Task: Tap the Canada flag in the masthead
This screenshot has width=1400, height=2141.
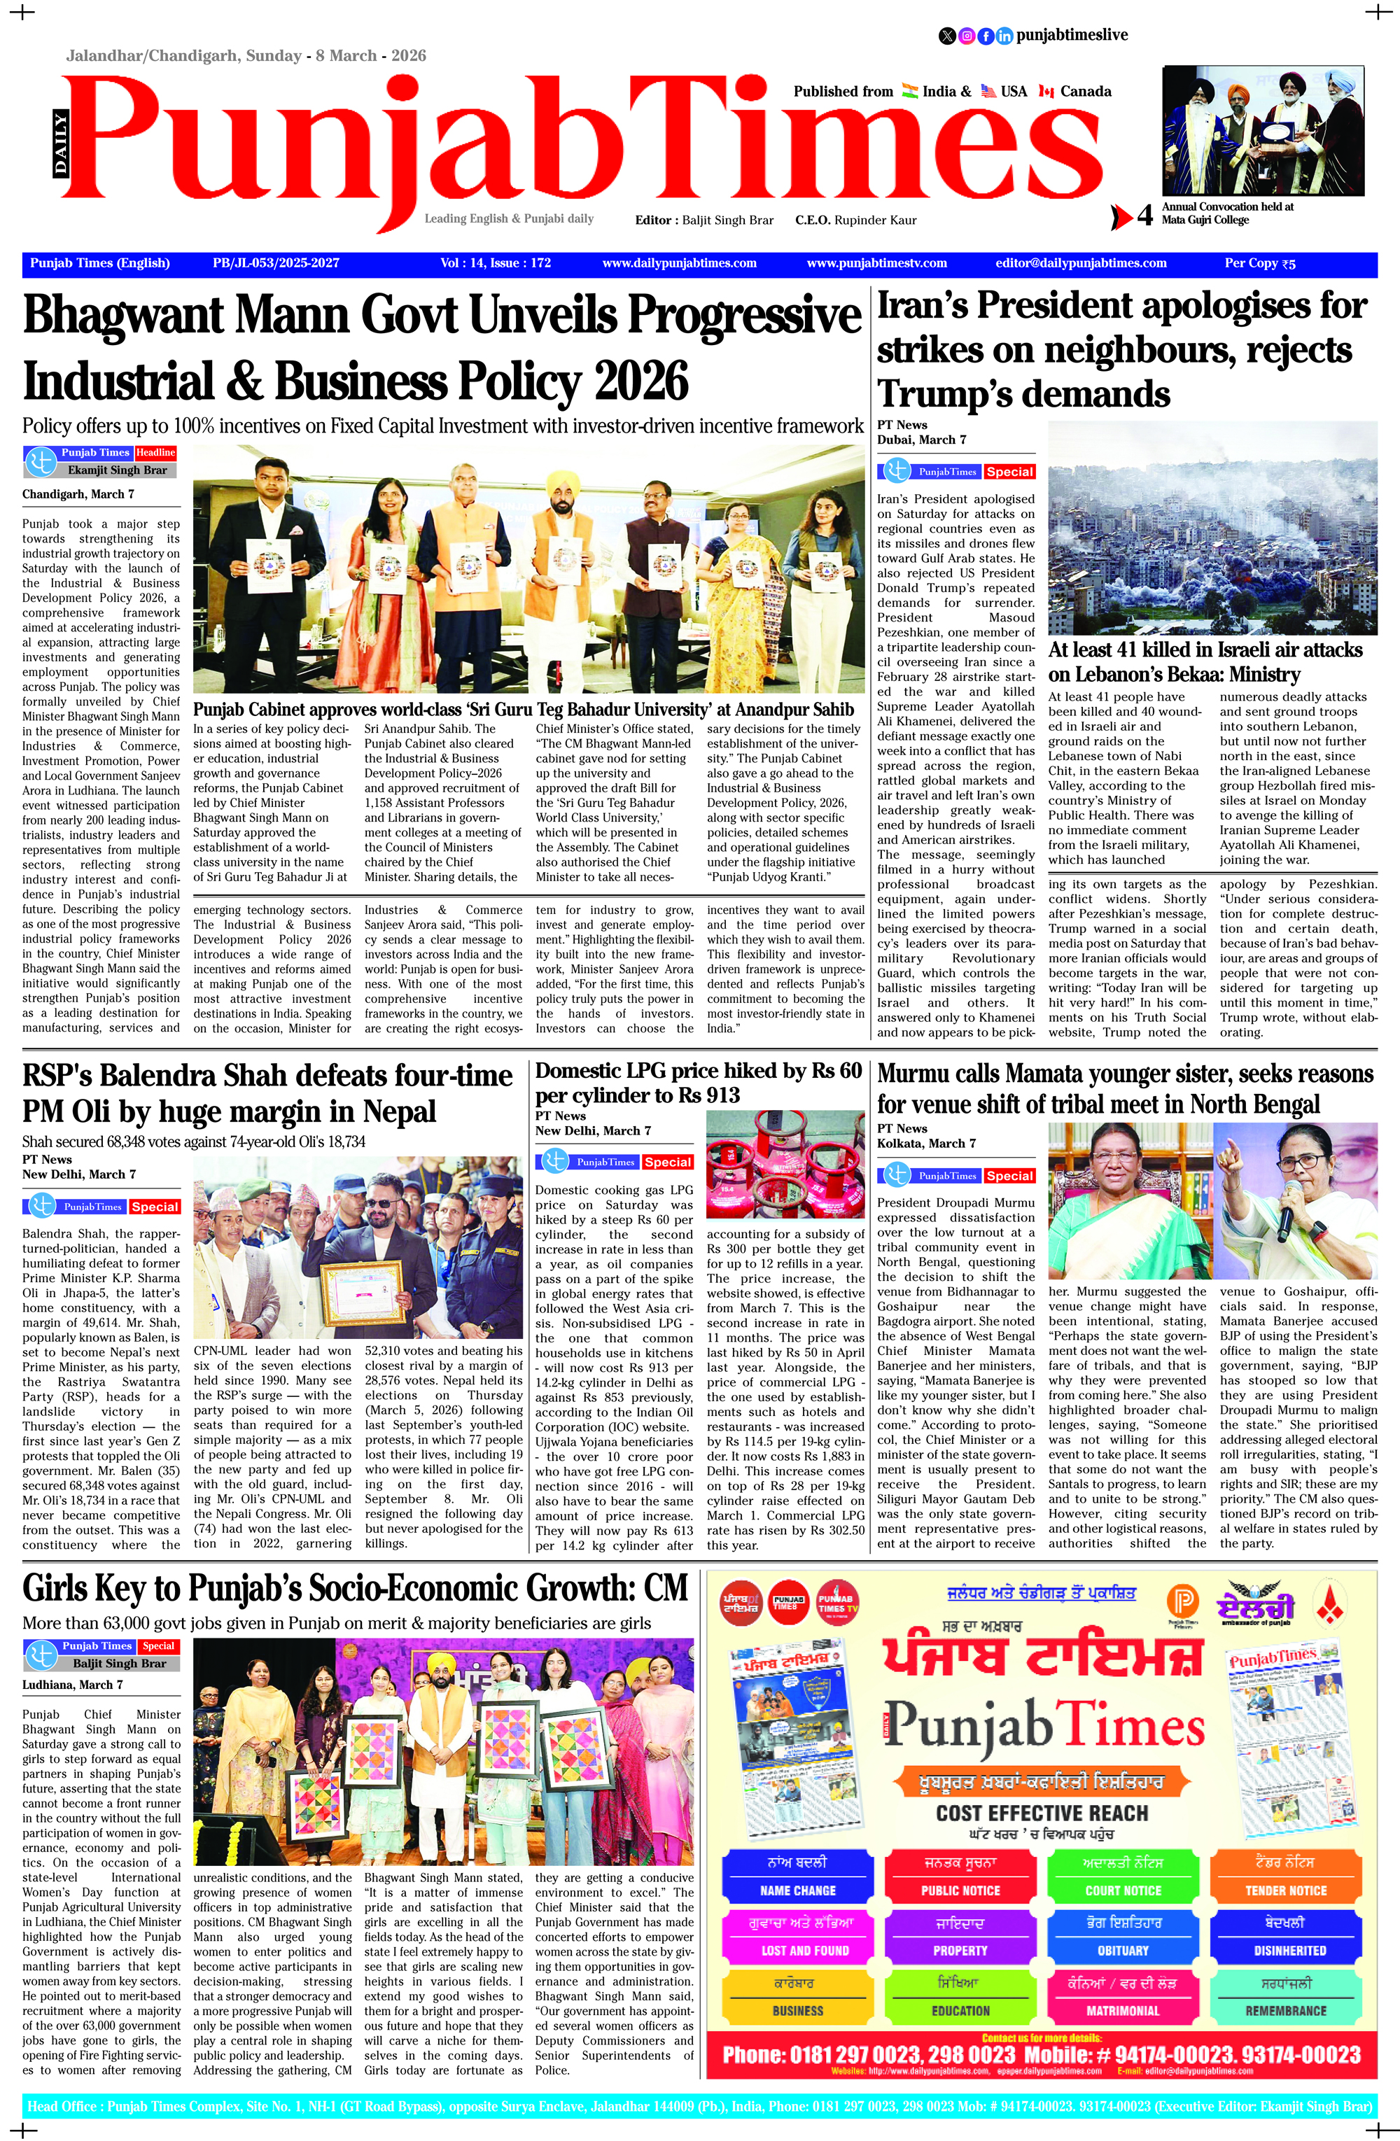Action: pos(1046,91)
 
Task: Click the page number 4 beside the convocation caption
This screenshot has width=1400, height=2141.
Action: pos(1144,216)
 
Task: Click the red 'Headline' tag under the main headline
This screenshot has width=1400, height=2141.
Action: pos(155,453)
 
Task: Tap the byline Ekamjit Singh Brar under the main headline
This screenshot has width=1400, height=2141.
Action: pos(117,470)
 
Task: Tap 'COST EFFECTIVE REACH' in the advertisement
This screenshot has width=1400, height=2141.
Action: pos(1042,1813)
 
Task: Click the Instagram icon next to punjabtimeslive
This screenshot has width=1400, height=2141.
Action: pos(966,36)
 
